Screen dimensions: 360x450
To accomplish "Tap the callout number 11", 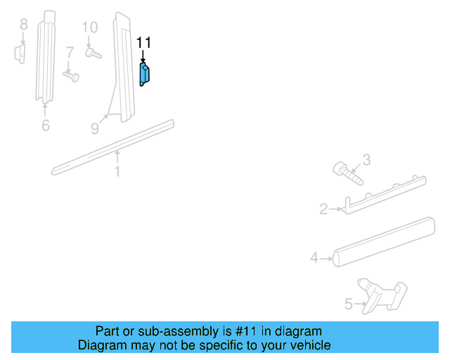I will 143,43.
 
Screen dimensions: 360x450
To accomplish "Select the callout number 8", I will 23,25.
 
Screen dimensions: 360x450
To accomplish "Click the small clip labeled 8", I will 21,53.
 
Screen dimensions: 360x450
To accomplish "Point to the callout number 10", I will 89,27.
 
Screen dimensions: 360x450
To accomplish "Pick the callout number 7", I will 70,53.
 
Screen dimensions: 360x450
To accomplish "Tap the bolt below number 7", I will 71,72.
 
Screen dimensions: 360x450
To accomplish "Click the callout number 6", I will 45,126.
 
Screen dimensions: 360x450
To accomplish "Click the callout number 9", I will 95,128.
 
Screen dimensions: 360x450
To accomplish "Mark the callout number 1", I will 117,171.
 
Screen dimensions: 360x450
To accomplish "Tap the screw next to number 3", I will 347,173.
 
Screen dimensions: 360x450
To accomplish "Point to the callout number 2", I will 323,209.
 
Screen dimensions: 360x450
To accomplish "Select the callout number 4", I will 314,258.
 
